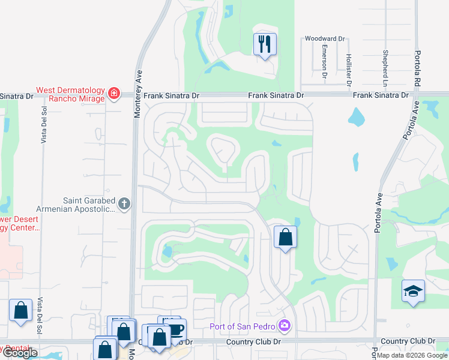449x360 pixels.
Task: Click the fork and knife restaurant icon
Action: [265, 44]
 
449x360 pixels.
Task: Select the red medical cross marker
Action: [114, 94]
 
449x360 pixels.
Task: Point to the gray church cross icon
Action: [124, 204]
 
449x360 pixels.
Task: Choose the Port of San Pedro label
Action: [243, 326]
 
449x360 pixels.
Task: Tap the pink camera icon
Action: [285, 326]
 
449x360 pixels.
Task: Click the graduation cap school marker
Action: [413, 292]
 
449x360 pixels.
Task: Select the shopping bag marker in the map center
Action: [285, 237]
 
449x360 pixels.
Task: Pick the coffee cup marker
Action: [176, 329]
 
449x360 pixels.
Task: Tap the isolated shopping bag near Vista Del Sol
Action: [21, 310]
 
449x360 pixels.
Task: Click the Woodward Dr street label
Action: [325, 38]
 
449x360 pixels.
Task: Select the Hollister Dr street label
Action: [348, 67]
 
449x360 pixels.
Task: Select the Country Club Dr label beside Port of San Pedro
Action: [254, 342]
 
